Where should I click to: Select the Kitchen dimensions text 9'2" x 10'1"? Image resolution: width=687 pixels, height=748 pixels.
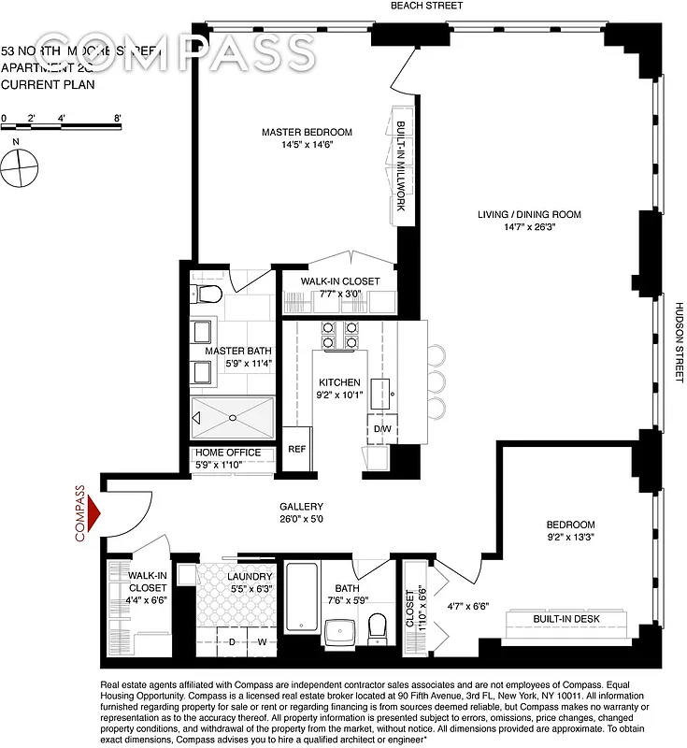pyautogui.click(x=338, y=396)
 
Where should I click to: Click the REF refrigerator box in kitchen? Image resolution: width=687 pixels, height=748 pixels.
pyautogui.click(x=296, y=449)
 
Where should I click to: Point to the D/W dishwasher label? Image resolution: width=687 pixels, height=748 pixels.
pyautogui.click(x=381, y=429)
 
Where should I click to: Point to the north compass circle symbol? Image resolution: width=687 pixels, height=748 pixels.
pyautogui.click(x=19, y=170)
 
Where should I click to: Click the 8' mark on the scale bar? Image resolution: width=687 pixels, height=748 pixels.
pyautogui.click(x=117, y=119)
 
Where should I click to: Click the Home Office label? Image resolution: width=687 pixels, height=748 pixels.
pyautogui.click(x=228, y=453)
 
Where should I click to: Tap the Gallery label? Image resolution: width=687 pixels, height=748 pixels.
pyautogui.click(x=301, y=506)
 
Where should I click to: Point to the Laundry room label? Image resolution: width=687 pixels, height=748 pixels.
pyautogui.click(x=250, y=576)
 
